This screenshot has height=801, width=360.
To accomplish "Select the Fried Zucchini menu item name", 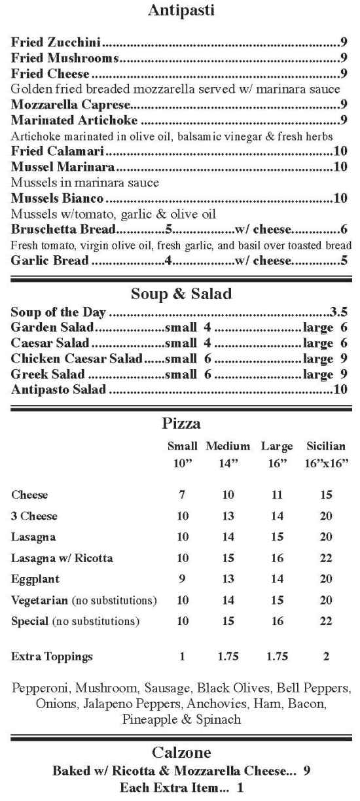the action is pos(56,43).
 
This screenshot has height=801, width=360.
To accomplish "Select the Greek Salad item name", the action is pos(48,375).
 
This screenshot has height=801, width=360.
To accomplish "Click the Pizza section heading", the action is pos(180,425).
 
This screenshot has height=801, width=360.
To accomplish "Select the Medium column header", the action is pos(228,446).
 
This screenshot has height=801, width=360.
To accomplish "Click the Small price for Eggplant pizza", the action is pos(183,579).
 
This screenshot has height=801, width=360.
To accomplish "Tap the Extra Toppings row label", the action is pos(52,656).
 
